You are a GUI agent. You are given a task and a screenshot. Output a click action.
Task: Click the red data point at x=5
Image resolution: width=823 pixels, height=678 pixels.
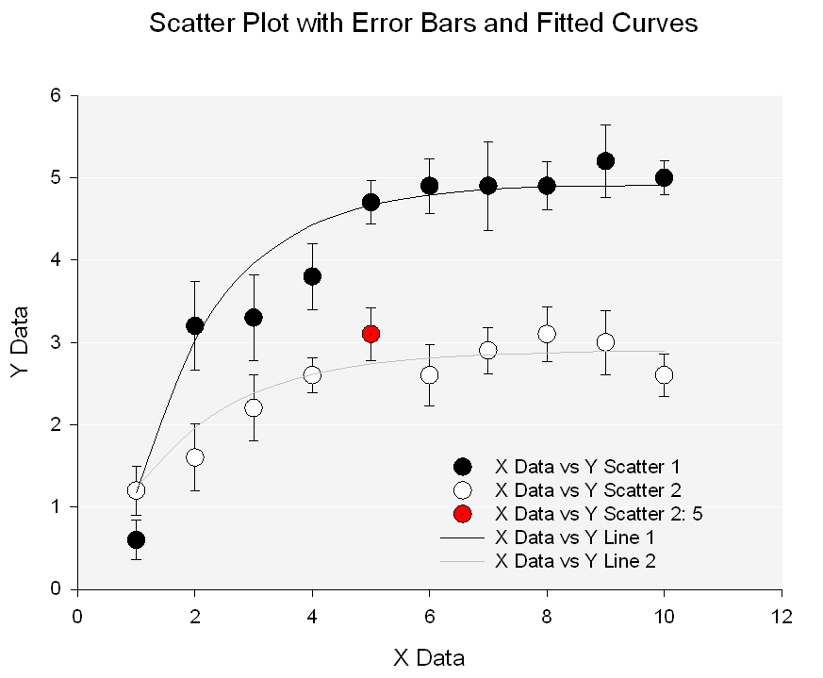pyautogui.click(x=370, y=334)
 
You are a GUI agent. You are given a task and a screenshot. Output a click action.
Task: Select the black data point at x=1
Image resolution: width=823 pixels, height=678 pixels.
pyautogui.click(x=136, y=539)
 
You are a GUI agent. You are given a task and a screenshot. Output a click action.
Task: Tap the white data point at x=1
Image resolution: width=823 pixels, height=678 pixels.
pyautogui.click(x=136, y=490)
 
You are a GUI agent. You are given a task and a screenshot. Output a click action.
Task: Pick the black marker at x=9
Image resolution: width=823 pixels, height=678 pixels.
pyautogui.click(x=605, y=160)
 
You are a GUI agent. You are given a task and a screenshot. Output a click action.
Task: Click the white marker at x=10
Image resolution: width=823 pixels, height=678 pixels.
pyautogui.click(x=664, y=374)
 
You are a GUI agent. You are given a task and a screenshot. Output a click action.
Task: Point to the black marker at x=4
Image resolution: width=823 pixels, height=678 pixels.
pyautogui.click(x=312, y=276)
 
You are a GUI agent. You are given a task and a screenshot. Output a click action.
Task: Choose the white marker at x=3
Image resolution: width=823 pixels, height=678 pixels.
pyautogui.click(x=254, y=407)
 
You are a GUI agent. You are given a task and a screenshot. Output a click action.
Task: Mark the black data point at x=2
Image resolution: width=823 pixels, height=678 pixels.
pyautogui.click(x=195, y=325)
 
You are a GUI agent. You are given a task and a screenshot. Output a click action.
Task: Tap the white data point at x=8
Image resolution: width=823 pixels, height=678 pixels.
pyautogui.click(x=547, y=334)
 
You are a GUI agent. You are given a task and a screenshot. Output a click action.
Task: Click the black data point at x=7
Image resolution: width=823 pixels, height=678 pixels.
pyautogui.click(x=488, y=186)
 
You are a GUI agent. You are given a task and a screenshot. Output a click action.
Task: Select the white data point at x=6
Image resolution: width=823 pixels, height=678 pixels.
pyautogui.click(x=430, y=374)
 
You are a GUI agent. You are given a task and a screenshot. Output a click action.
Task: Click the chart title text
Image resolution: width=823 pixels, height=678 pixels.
pyautogui.click(x=423, y=24)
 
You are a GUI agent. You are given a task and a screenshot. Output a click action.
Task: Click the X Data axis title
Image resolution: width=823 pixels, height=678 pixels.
pyautogui.click(x=429, y=657)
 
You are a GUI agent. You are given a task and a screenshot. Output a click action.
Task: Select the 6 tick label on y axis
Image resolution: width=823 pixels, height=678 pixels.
pyautogui.click(x=57, y=95)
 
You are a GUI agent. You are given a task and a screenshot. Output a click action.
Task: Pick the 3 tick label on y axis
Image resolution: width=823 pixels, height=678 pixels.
pyautogui.click(x=57, y=342)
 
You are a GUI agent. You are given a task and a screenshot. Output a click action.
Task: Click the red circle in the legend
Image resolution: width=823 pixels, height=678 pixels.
pyautogui.click(x=462, y=514)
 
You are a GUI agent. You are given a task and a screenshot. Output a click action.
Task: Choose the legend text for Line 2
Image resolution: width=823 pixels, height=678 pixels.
pyautogui.click(x=575, y=560)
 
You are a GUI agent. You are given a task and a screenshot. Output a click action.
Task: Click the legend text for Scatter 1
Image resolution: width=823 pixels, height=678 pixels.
pyautogui.click(x=587, y=467)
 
